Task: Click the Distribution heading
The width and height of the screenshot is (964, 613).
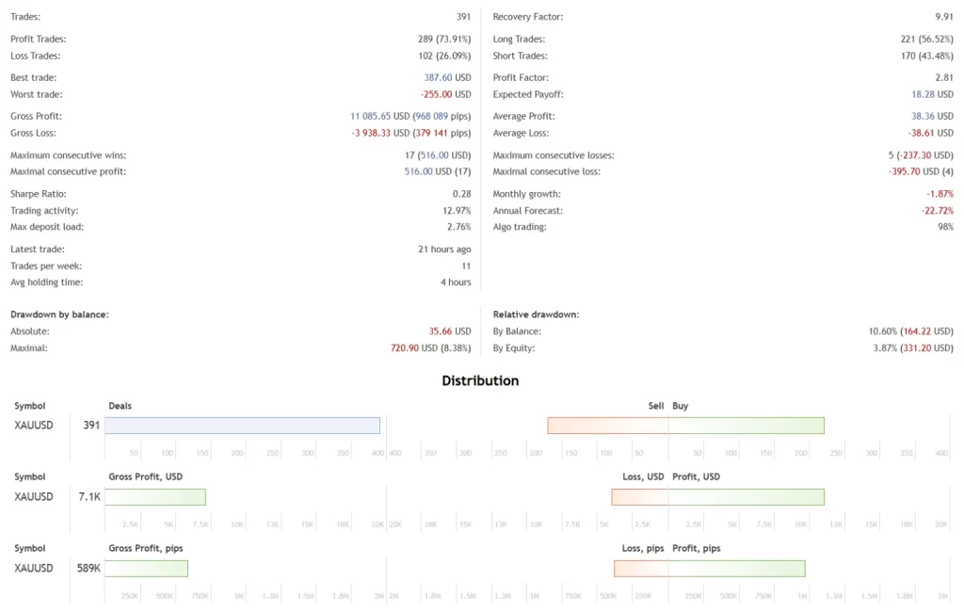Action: click(480, 380)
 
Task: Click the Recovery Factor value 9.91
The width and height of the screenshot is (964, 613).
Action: click(944, 17)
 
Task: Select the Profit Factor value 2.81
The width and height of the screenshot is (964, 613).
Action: click(944, 78)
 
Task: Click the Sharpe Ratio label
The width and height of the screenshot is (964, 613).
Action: click(38, 194)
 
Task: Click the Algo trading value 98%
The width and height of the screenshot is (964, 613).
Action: click(944, 227)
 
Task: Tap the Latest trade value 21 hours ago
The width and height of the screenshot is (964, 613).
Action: click(444, 250)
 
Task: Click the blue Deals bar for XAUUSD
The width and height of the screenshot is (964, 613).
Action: click(242, 426)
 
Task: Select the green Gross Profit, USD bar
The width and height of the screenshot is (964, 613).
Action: click(155, 496)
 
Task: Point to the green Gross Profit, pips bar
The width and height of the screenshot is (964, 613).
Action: click(146, 568)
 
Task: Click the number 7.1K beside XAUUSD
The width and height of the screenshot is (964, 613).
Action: click(89, 496)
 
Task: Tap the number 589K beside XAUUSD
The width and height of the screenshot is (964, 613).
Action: click(88, 568)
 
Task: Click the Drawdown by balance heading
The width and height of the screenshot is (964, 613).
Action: click(59, 315)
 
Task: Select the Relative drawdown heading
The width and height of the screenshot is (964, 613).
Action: click(536, 315)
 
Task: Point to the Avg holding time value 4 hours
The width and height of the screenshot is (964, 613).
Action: click(455, 282)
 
